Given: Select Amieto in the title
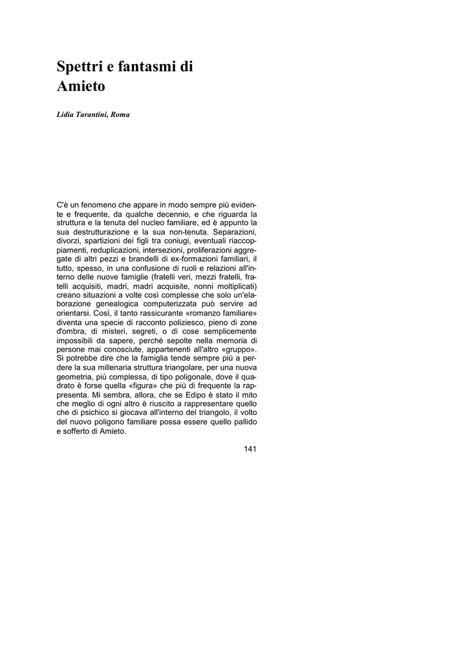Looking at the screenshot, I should [81, 87].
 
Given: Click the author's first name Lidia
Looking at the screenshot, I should [67, 114].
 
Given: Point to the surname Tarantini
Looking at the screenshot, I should [93, 114].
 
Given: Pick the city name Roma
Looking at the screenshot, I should [120, 114].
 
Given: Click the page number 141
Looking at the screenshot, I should [250, 449].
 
